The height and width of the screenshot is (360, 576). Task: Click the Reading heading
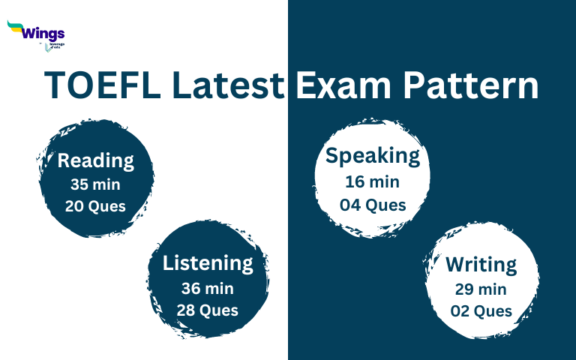point(95,160)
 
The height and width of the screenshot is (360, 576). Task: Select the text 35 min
point(95,184)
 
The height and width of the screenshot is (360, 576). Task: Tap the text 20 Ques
point(95,206)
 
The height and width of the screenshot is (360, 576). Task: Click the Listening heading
point(208,263)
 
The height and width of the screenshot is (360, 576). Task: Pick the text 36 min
point(208,288)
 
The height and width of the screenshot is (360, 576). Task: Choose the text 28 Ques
point(208,310)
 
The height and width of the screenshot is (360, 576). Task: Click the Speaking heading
point(373,156)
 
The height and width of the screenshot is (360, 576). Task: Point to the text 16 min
point(373,181)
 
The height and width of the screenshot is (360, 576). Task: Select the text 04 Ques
point(373,204)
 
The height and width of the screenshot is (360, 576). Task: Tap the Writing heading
point(481,265)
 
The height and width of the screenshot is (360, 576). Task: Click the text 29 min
point(481,289)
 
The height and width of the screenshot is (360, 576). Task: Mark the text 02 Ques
point(481,310)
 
